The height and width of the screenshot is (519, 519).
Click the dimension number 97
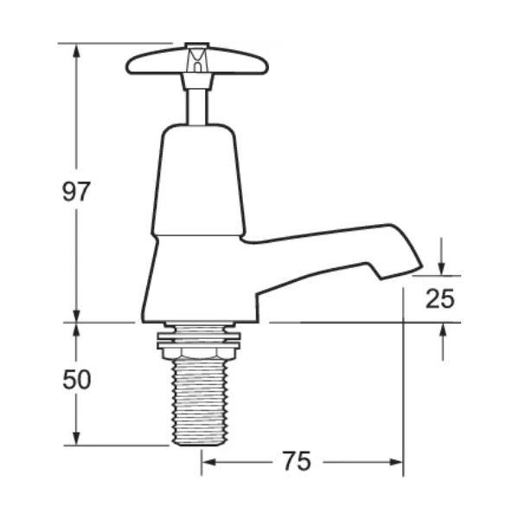(76, 191)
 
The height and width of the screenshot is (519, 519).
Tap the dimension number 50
(76, 380)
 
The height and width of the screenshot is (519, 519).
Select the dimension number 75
(296, 462)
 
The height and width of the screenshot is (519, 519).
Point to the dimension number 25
(440, 298)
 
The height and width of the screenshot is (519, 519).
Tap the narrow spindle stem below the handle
(197, 102)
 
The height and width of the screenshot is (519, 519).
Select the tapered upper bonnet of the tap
(198, 177)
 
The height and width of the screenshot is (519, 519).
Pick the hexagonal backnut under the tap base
(198, 347)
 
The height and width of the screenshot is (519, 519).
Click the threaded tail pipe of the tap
(198, 402)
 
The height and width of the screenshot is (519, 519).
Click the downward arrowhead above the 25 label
(442, 266)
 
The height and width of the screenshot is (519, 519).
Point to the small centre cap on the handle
(198, 60)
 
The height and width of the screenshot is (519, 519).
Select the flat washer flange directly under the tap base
(198, 329)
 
